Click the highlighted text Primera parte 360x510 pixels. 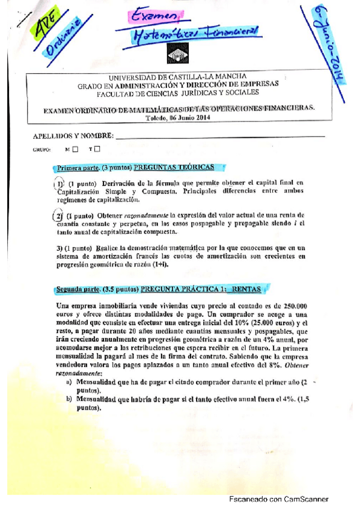click(78, 167)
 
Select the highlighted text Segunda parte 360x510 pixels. click(79, 289)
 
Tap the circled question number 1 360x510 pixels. click(59, 184)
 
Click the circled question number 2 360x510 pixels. click(58, 215)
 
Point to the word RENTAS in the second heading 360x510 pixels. click(246, 289)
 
